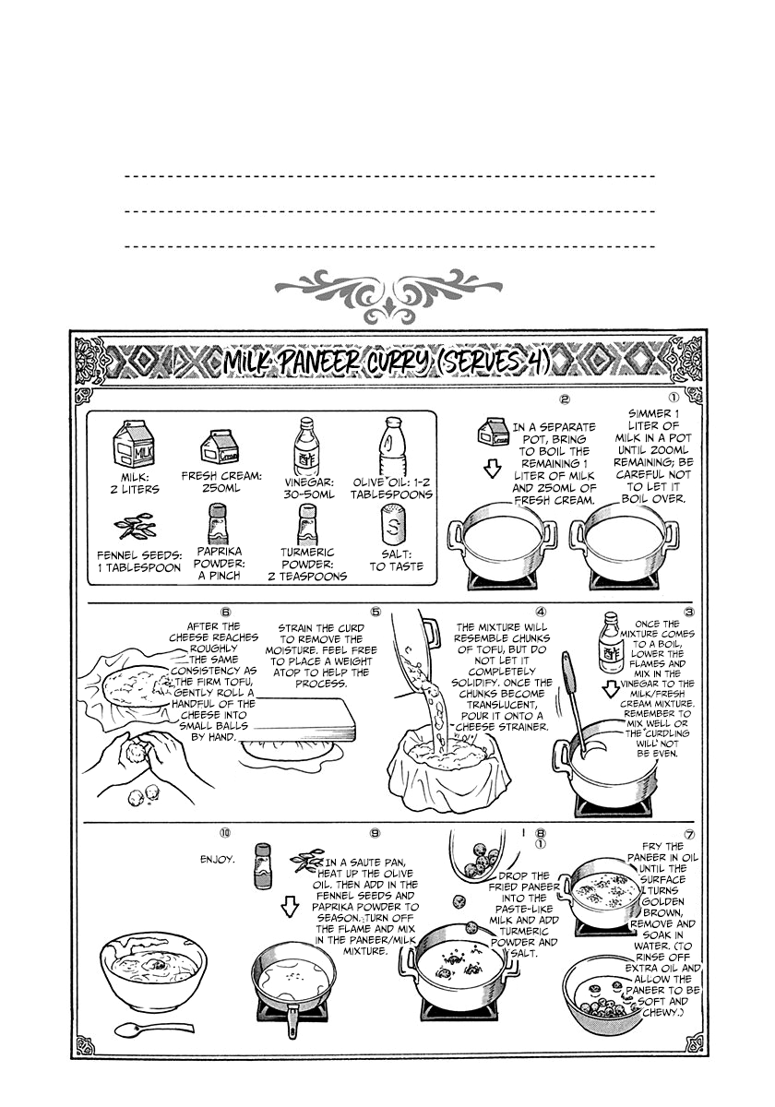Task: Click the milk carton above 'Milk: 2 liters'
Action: coord(134,444)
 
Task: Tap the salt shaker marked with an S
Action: coord(394,527)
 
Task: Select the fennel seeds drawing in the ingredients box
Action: coord(135,527)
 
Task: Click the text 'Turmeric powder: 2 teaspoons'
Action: coord(307,564)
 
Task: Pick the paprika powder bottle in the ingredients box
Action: coord(218,525)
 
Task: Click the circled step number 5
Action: coord(376,612)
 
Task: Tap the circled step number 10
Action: coord(225,834)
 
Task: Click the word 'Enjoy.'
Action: coord(217,860)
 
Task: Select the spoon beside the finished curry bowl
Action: coord(153,1027)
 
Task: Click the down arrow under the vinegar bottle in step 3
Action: coord(612,689)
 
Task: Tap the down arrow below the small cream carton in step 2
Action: coord(492,469)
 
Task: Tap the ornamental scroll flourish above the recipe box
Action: coord(388,295)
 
